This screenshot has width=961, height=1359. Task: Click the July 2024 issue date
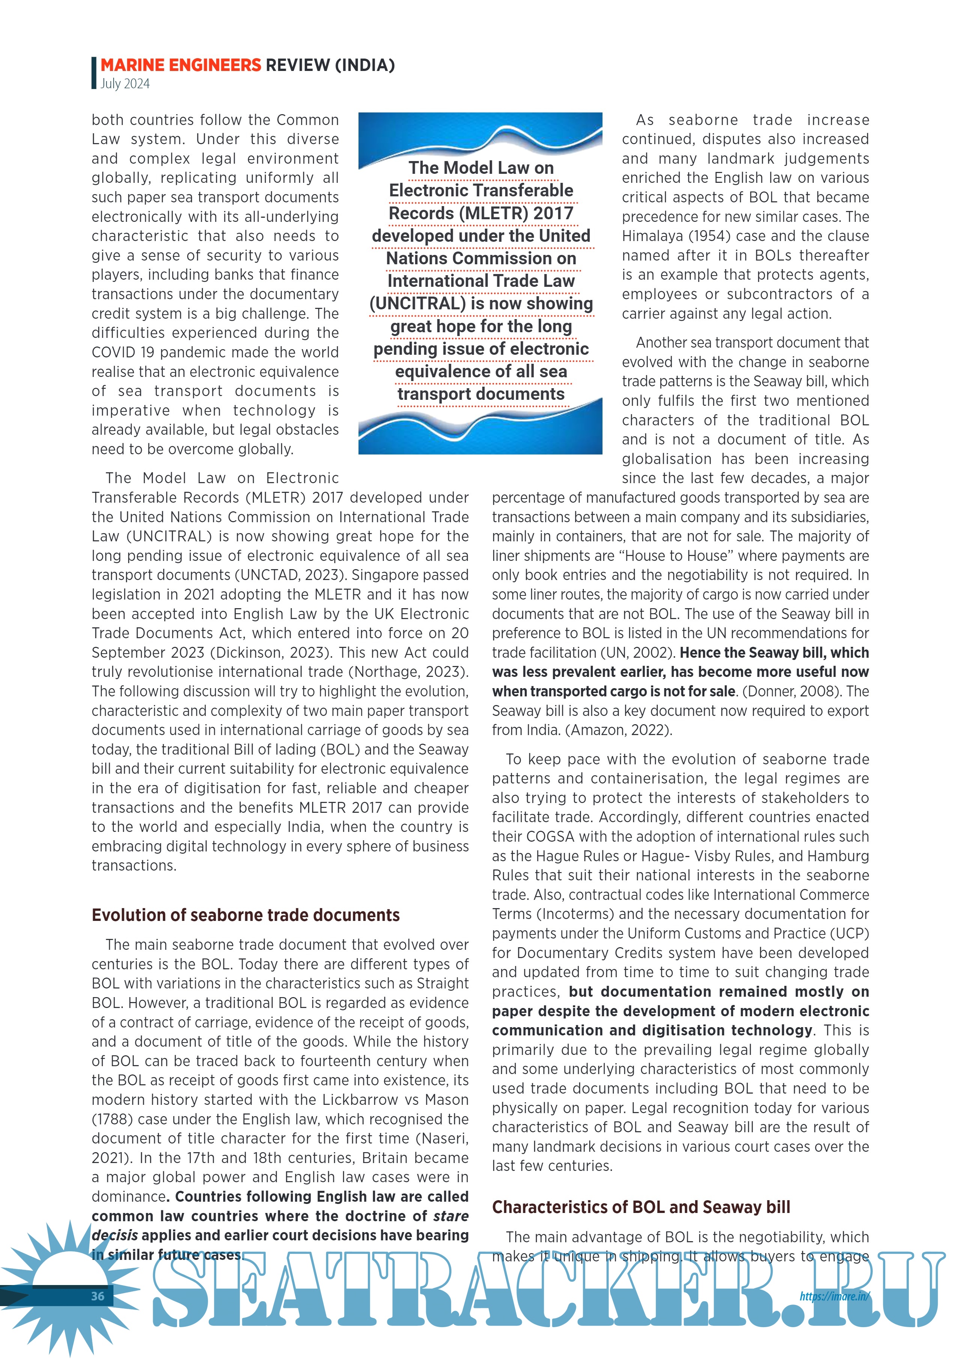(x=125, y=83)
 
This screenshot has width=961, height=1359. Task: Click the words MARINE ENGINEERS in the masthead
(x=181, y=65)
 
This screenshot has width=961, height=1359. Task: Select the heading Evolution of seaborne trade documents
(x=246, y=915)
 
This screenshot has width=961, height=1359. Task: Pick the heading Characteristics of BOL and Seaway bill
(x=641, y=1207)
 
